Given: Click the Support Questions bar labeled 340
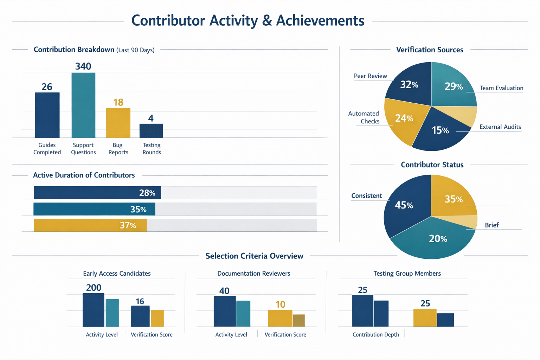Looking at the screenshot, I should click(x=83, y=105).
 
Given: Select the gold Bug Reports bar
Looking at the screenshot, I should click(x=118, y=123).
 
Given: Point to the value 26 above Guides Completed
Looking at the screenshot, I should click(x=47, y=87).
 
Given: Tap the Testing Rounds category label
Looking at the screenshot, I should click(x=152, y=149).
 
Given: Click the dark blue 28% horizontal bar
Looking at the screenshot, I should click(x=97, y=193).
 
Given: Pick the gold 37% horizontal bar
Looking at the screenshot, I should click(x=90, y=225).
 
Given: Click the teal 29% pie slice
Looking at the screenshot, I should click(x=454, y=86).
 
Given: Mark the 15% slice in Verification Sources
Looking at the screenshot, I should click(x=440, y=130).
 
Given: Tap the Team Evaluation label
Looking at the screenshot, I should click(x=501, y=88).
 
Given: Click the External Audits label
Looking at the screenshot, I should click(x=500, y=127).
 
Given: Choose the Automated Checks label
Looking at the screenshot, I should click(x=364, y=117).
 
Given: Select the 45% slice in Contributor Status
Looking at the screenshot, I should click(x=404, y=205).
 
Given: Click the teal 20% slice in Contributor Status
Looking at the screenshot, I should click(x=438, y=239).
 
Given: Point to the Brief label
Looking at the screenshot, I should click(x=491, y=225).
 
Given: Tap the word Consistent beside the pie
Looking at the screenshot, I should click(x=366, y=196).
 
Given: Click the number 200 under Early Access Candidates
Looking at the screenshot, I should click(x=94, y=288).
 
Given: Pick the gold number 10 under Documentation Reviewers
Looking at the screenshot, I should click(x=280, y=304).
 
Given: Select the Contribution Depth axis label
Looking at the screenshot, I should click(x=375, y=335).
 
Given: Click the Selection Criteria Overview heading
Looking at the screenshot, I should click(x=254, y=256).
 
